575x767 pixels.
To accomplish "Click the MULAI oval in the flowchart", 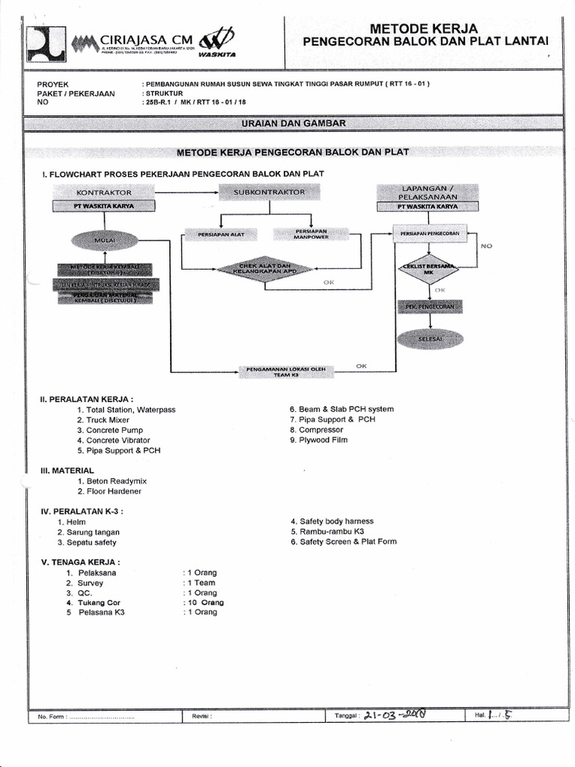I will [x=104, y=240].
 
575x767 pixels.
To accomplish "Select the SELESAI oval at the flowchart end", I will [x=430, y=339].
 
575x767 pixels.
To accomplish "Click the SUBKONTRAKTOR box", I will [x=270, y=192].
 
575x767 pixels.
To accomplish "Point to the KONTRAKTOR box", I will [x=104, y=192].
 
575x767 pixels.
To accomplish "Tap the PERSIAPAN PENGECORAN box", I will [x=430, y=234].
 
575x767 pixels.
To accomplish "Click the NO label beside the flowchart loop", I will [x=486, y=246].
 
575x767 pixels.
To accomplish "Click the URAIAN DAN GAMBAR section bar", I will [x=293, y=122].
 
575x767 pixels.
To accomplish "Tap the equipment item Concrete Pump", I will [x=115, y=431].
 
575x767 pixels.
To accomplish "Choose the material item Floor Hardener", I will [x=114, y=491].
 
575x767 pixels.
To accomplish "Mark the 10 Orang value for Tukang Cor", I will [x=203, y=602].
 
